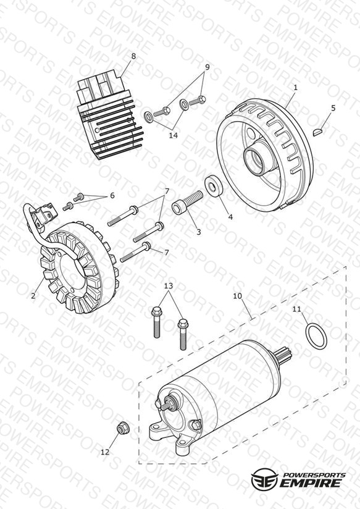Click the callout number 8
pos(133,56)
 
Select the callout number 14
pos(174,135)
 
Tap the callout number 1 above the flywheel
pos(295,87)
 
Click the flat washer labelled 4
pos(214,186)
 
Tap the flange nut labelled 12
pos(122,429)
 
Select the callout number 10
pos(238,296)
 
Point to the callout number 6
pos(112,195)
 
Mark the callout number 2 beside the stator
pos(33,296)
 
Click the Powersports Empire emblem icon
pos(264,478)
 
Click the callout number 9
pos(207,67)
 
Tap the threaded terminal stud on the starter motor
pos(169,403)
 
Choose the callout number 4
pos(230,217)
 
